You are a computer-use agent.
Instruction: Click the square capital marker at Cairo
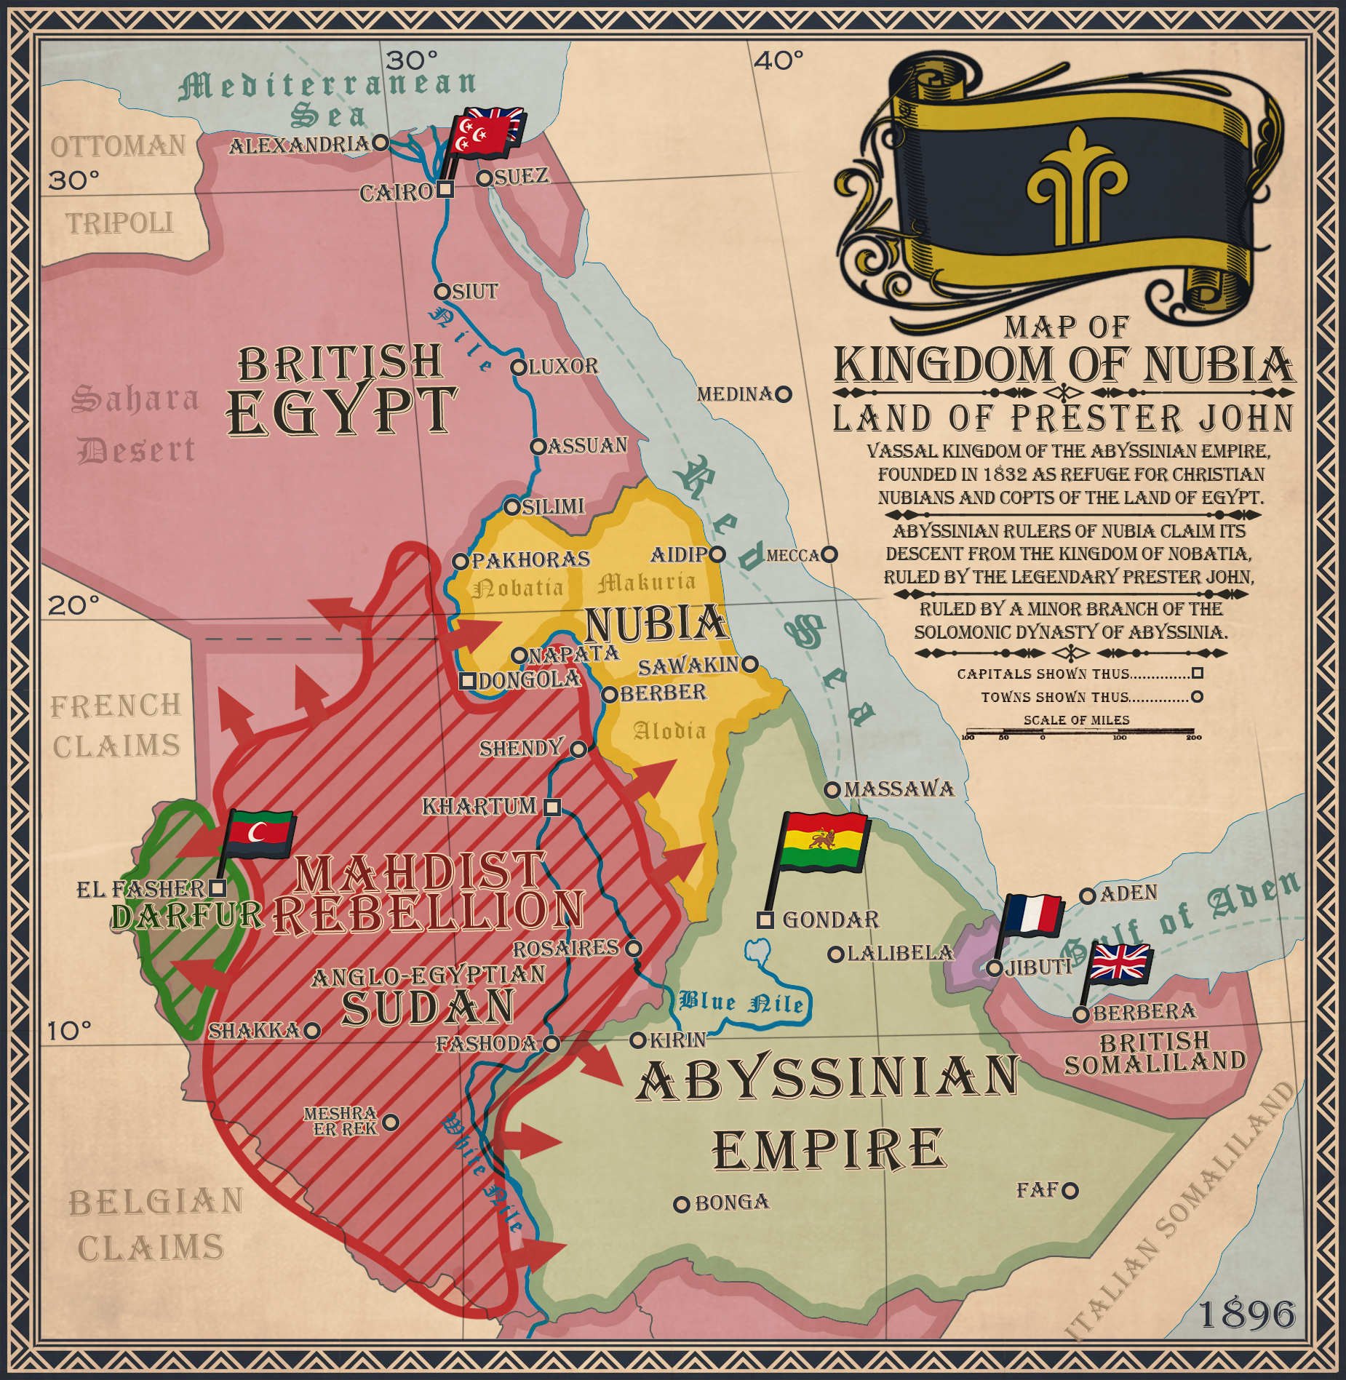445,190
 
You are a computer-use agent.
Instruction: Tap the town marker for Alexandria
380,143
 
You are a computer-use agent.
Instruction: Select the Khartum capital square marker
552,807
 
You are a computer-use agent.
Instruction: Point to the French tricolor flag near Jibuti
1033,915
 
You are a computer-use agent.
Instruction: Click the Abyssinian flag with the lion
824,842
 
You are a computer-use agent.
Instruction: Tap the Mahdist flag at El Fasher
260,834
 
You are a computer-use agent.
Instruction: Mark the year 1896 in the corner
1246,1315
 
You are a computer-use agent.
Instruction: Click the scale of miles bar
1080,732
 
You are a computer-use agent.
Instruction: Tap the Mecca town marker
829,555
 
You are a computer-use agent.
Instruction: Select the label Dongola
529,680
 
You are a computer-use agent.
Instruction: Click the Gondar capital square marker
765,920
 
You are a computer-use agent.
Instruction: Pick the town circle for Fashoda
551,1044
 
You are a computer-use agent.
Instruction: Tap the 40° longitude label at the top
778,60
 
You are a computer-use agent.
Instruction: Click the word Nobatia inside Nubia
518,587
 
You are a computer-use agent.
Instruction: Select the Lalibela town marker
836,954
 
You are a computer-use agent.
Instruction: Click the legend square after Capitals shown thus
1197,674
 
